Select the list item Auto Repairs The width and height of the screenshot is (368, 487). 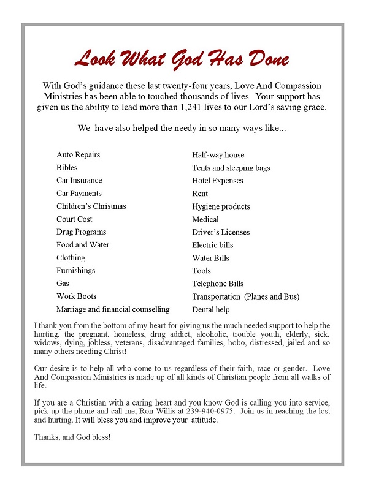point(78,155)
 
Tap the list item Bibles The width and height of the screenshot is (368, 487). point(67,168)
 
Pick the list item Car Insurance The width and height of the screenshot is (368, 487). point(79,181)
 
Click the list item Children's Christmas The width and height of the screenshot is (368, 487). point(91,206)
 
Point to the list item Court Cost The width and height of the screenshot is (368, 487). point(74,219)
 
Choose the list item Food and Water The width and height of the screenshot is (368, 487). point(83,245)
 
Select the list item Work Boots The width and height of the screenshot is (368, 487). point(76,296)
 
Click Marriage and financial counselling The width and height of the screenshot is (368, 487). point(113,309)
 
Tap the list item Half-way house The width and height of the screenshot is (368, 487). point(218,155)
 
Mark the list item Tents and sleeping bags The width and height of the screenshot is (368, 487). point(231,168)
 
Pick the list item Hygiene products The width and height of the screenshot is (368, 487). point(221,206)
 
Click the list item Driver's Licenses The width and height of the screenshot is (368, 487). point(221,232)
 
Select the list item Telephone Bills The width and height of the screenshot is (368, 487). point(218,284)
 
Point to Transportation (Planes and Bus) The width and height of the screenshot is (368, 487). point(245,296)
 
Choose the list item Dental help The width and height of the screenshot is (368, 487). point(210,310)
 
